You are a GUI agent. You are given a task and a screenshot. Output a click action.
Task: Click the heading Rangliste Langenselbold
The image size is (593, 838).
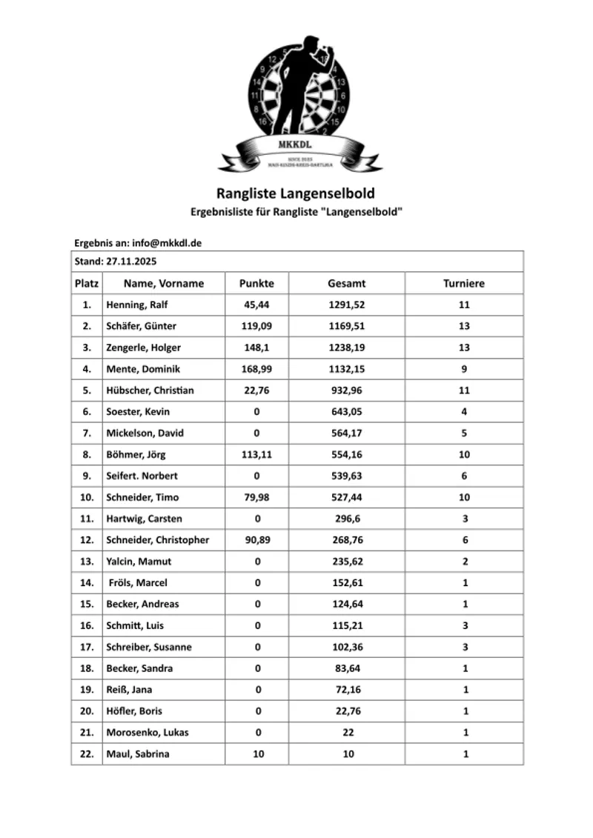(296, 193)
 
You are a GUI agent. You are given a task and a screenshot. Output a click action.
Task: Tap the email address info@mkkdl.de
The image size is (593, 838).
(168, 243)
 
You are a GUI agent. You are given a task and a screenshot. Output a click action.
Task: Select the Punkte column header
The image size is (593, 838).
(256, 283)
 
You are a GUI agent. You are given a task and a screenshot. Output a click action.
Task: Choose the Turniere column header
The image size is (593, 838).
(464, 283)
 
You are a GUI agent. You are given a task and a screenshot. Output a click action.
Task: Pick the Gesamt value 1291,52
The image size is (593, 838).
(347, 305)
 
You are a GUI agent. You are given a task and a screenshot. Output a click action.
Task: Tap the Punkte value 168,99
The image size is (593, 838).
(257, 369)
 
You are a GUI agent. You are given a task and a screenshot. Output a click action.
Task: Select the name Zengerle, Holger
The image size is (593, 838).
(143, 347)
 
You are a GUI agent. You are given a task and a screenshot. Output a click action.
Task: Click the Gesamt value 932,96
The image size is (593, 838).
(347, 390)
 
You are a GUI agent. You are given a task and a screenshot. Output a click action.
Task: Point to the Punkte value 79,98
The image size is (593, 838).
(257, 497)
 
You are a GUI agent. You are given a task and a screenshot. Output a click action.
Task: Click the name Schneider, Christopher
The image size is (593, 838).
(157, 540)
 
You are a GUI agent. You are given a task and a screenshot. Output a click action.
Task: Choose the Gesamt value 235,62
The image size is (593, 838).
(347, 562)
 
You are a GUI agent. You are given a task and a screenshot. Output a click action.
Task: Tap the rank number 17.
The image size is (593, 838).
(87, 647)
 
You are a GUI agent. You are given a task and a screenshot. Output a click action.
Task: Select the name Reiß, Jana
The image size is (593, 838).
(129, 690)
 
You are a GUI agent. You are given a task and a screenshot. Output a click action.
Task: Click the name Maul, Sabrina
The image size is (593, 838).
(137, 754)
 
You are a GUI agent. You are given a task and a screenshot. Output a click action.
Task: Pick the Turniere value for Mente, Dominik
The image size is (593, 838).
(465, 369)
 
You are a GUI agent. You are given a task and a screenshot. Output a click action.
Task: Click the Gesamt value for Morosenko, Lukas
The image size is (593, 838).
(347, 733)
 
